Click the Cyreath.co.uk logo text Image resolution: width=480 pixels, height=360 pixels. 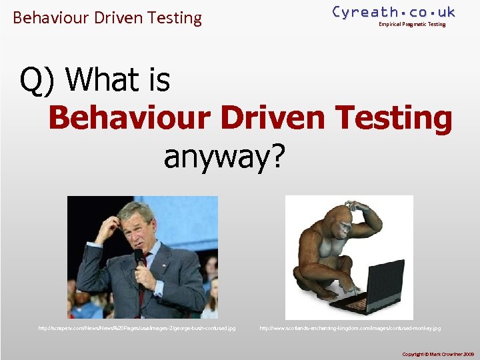click(x=393, y=12)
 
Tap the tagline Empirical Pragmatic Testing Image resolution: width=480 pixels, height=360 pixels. click(x=412, y=25)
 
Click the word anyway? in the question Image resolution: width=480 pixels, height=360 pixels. click(x=224, y=157)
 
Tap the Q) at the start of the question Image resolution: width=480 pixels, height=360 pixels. click(x=38, y=81)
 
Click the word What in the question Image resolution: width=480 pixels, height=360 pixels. click(x=99, y=81)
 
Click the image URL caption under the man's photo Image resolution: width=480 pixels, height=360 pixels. click(x=137, y=329)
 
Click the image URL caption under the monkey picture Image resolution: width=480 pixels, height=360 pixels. click(x=350, y=329)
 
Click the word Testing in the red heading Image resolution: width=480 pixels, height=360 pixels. click(x=395, y=119)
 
